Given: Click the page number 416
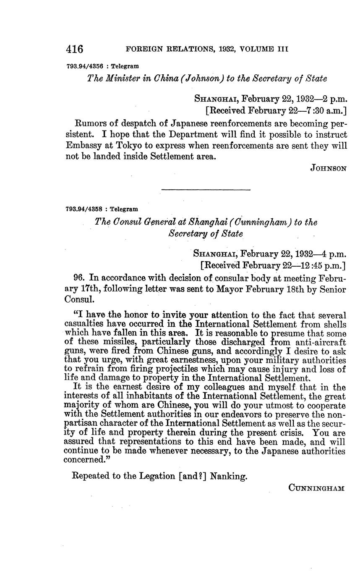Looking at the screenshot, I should point(75,49).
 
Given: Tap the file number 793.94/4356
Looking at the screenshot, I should point(85,66).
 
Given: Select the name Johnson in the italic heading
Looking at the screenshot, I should point(203,79).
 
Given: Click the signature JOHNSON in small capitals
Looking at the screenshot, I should point(329,168).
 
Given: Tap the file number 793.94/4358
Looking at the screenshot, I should point(85,209).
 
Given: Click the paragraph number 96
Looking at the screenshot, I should point(79,278).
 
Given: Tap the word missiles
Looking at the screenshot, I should point(97,342).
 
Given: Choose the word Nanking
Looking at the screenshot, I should point(229,476).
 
